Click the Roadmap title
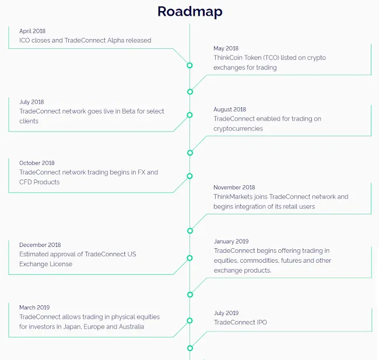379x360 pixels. tap(189, 12)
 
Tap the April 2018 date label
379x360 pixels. tap(33, 31)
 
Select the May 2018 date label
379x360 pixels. tap(226, 48)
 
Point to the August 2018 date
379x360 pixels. tap(230, 110)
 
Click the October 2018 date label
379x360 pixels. tap(37, 163)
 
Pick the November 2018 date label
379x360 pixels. tap(234, 188)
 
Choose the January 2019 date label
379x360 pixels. tap(231, 241)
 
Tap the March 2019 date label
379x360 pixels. tap(34, 308)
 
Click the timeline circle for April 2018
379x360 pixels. tap(189, 65)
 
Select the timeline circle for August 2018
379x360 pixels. tap(190, 153)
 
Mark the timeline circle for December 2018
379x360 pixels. tap(189, 258)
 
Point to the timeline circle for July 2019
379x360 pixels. tap(190, 348)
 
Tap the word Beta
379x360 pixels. tap(129, 111)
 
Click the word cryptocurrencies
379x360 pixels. tap(238, 129)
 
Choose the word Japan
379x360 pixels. tap(72, 327)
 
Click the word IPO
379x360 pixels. tap(261, 322)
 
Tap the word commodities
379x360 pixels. tap(259, 260)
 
